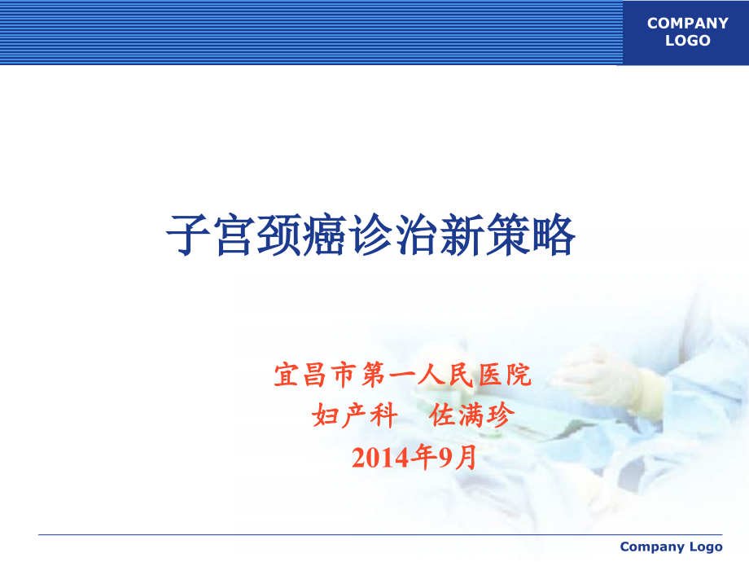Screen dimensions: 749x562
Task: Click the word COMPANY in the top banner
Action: click(x=687, y=23)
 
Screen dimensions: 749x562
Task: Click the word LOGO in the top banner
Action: click(x=687, y=41)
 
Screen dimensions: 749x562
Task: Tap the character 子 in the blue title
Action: click(x=188, y=235)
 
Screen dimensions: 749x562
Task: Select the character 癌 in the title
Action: click(x=325, y=235)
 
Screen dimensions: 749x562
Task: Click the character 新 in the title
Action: click(x=462, y=235)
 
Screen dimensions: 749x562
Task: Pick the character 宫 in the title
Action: click(x=234, y=235)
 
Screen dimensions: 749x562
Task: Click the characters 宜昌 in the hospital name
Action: click(x=300, y=375)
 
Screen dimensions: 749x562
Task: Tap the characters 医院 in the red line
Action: click(x=505, y=375)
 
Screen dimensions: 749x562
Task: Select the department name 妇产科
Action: click(x=354, y=415)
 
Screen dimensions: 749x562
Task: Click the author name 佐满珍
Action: click(x=471, y=415)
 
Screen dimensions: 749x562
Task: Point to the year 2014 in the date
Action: click(x=381, y=458)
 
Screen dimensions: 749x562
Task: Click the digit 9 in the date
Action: click(x=445, y=458)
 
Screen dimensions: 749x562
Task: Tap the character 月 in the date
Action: click(x=466, y=458)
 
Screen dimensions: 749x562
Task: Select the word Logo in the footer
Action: click(x=707, y=547)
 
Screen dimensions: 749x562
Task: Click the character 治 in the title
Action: click(x=416, y=235)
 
